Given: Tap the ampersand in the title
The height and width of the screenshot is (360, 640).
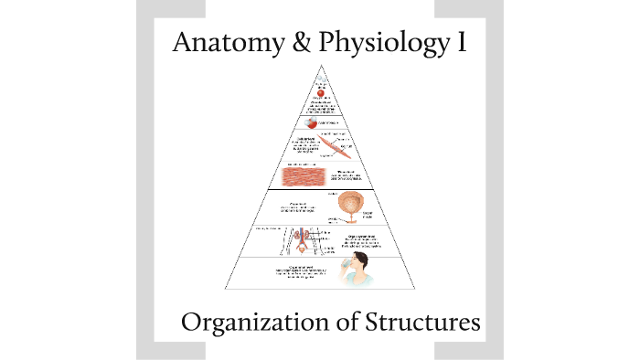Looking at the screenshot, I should (x=295, y=42).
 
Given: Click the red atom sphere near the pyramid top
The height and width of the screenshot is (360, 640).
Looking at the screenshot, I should (x=320, y=92).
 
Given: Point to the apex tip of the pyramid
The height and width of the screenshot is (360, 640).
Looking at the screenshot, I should (x=320, y=67).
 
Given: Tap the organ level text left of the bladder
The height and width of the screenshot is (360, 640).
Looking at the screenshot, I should (x=287, y=207).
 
